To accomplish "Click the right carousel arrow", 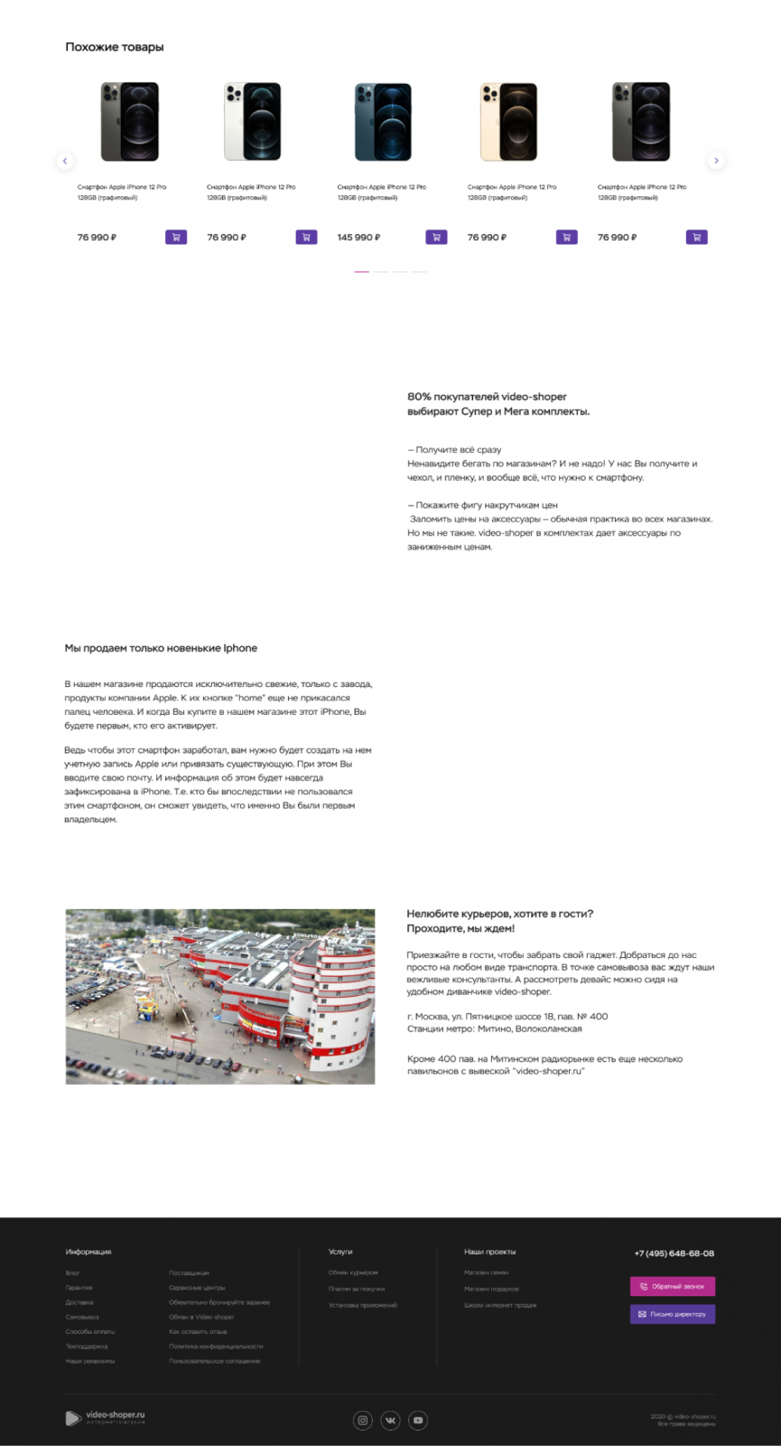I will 716,161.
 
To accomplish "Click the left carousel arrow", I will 64,161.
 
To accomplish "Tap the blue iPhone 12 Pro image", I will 382,121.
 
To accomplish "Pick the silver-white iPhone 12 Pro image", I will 252,121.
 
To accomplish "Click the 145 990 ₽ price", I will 358,238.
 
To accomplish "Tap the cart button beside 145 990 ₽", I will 436,238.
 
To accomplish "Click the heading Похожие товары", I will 115,47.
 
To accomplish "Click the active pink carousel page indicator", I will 361,271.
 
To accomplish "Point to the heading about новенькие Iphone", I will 161,648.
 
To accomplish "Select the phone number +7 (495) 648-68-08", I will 674,1254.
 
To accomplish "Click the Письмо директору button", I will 672,1314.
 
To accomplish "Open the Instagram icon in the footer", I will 363,1420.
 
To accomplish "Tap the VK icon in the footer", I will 390,1420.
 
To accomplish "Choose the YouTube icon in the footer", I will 418,1420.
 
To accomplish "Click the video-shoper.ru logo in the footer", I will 106,1417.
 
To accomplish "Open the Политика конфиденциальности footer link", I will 216,1347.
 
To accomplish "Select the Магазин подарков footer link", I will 491,1289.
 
